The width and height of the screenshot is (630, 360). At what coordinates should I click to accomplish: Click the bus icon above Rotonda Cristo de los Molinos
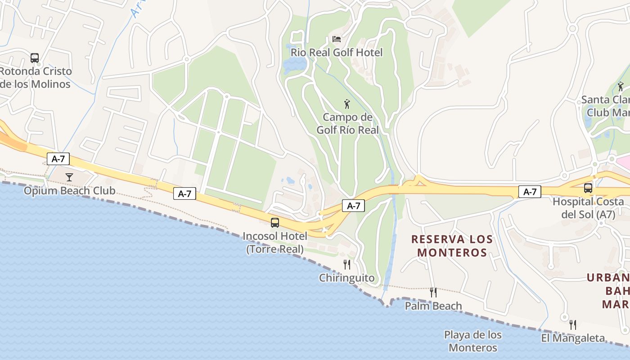click(x=35, y=58)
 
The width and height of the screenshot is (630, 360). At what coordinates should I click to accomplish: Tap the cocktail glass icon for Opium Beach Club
click(x=69, y=177)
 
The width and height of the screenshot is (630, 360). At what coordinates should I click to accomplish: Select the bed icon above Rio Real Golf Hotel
click(x=337, y=39)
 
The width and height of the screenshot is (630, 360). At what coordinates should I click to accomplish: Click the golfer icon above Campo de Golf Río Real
click(x=347, y=104)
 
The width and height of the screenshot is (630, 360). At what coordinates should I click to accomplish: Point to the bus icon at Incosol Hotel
click(x=274, y=222)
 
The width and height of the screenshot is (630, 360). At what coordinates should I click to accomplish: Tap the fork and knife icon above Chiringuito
click(x=346, y=264)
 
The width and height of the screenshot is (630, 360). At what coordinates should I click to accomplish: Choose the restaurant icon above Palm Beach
click(x=433, y=292)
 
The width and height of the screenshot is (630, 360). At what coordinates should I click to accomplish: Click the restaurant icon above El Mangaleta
click(x=573, y=324)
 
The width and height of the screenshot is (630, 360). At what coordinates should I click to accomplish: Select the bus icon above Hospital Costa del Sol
click(x=588, y=188)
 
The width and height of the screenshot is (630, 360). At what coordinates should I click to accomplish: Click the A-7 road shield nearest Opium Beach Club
click(x=58, y=158)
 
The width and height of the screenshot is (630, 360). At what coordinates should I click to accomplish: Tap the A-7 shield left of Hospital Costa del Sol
click(x=530, y=192)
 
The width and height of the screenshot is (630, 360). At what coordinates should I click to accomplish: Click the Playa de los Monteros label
click(x=473, y=341)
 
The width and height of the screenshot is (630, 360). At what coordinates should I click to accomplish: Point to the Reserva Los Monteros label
click(x=452, y=246)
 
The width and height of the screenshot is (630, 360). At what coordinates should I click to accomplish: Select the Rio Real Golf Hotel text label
click(x=337, y=53)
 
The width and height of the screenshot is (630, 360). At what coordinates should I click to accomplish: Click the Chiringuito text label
click(x=346, y=278)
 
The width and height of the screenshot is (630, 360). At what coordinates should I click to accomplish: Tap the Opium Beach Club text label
click(x=69, y=190)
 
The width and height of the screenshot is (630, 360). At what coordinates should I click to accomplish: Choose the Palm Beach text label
click(x=433, y=306)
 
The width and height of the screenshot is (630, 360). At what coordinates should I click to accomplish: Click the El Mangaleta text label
click(x=573, y=338)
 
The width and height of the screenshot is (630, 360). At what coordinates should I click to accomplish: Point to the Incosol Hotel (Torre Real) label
click(x=274, y=242)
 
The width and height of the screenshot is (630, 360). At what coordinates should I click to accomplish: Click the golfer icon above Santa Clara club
click(x=621, y=86)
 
